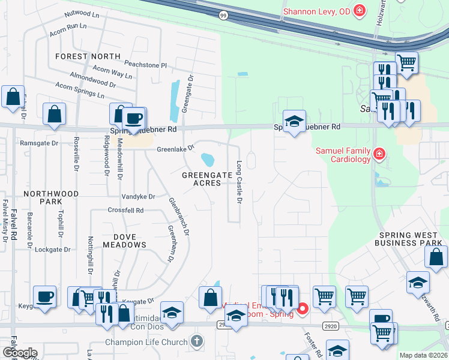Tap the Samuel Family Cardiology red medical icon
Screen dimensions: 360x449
pos(379,155)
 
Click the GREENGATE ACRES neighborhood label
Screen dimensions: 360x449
pos(206,179)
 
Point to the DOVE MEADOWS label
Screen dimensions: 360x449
pos(124,240)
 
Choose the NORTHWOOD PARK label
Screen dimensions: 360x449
pos(51,198)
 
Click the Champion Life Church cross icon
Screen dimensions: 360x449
pos(196,342)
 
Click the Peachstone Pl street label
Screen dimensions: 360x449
pos(145,64)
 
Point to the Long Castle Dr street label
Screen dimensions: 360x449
pos(239,182)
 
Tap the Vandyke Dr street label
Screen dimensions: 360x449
pos(139,196)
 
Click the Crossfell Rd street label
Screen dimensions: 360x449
pos(125,211)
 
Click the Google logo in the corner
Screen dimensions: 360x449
pos(20,353)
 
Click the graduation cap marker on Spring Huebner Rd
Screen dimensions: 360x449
pos(294,121)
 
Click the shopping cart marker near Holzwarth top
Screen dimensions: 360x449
pos(407,62)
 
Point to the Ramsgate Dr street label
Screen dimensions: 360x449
pos(39,143)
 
